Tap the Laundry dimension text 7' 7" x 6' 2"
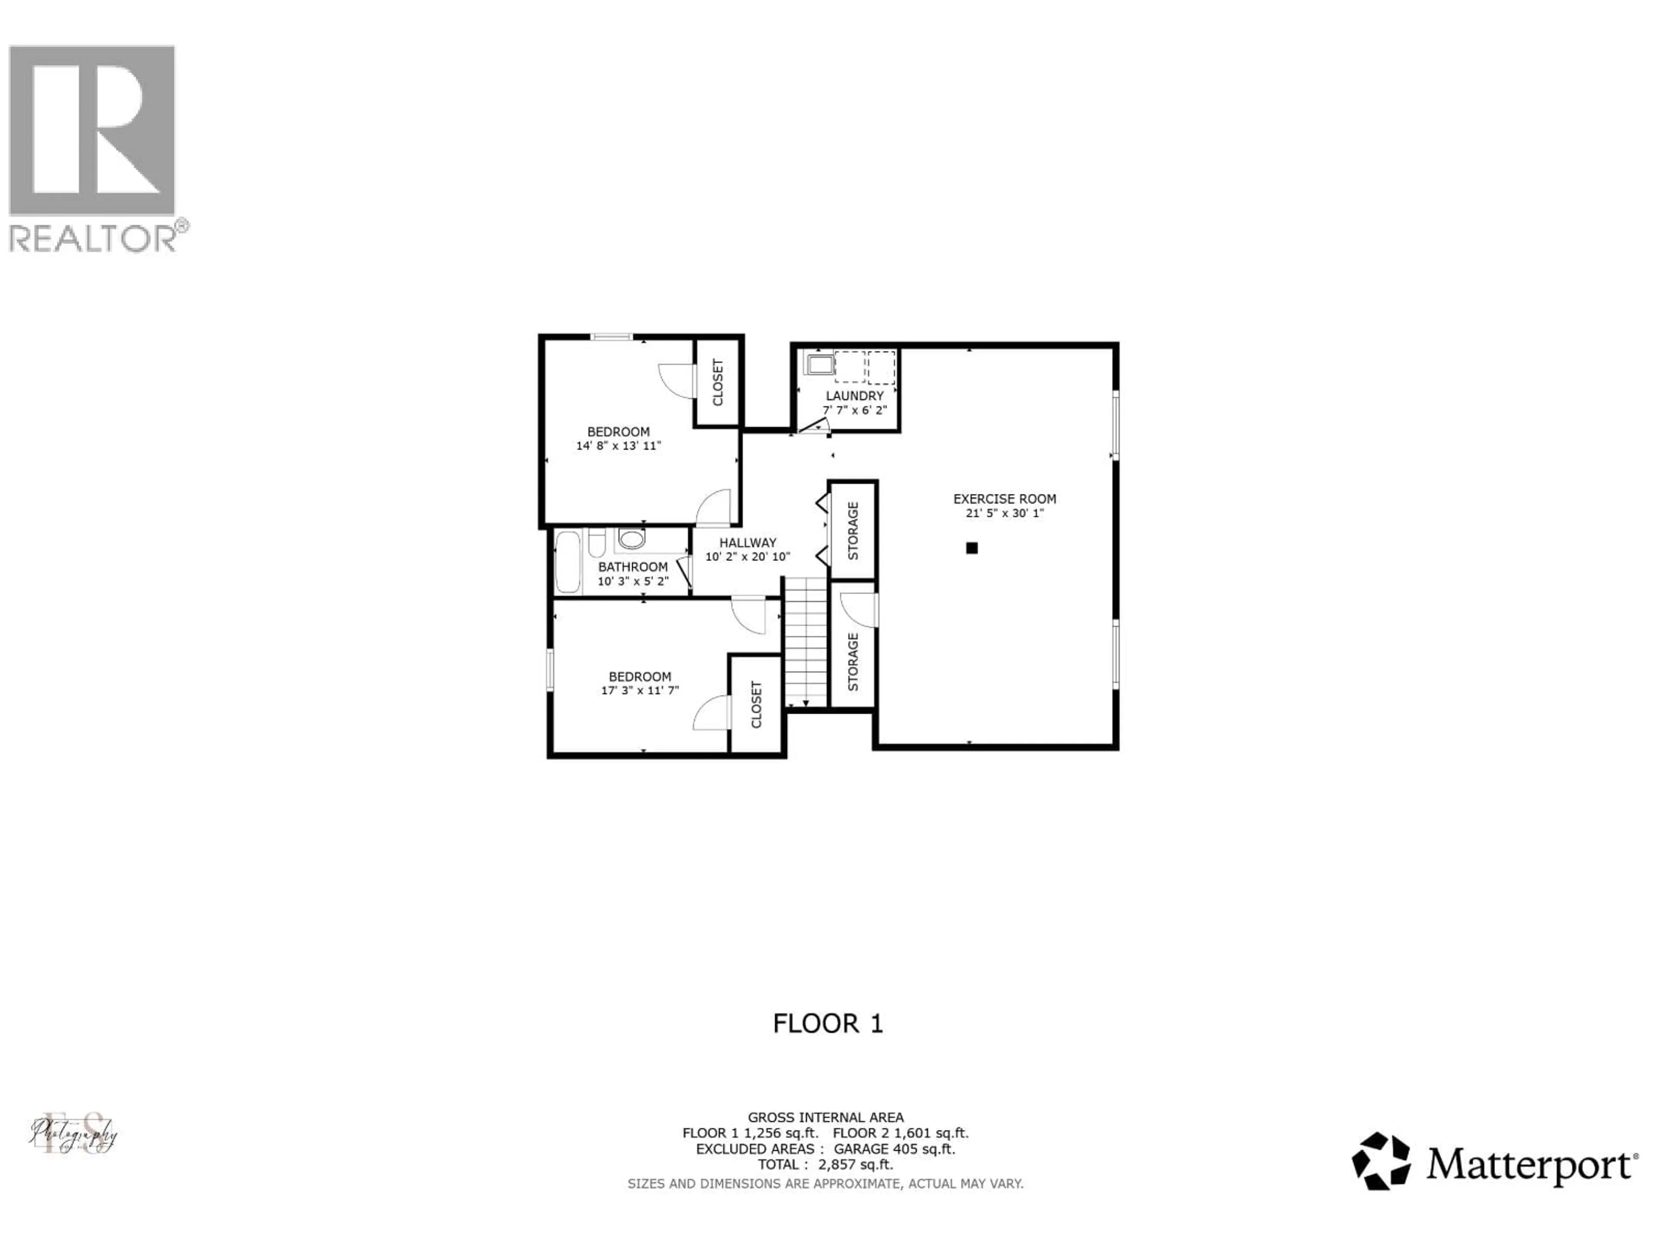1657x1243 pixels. point(855,410)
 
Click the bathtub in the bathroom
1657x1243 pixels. point(567,562)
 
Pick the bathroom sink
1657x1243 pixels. point(631,539)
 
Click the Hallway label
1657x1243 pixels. point(748,543)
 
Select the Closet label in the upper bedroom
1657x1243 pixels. point(718,383)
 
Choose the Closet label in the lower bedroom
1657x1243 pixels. point(756,704)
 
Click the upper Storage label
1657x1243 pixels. point(853,530)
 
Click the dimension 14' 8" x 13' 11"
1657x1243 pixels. point(618,446)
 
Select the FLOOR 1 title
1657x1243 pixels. point(828,1023)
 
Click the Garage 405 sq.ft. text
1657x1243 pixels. point(895,1148)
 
